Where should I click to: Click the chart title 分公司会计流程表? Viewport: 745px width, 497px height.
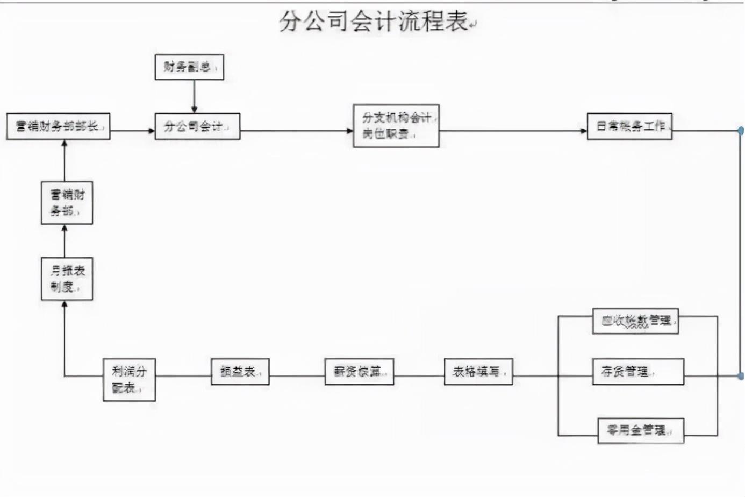point(374,22)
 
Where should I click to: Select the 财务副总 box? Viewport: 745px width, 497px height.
point(189,67)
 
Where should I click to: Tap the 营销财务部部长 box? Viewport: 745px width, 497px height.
point(58,127)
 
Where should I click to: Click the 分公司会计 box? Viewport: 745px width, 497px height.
point(197,127)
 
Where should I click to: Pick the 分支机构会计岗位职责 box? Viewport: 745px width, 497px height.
point(396,126)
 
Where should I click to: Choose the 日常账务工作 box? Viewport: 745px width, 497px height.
point(629,126)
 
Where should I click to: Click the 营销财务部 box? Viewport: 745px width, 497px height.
point(67,203)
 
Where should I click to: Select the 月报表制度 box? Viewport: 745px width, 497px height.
point(67,279)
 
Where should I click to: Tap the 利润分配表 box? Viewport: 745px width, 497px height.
point(129,380)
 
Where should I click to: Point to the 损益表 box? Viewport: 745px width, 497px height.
point(240,372)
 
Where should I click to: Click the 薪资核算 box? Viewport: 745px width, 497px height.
point(359,372)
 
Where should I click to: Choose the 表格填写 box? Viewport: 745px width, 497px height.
point(478,372)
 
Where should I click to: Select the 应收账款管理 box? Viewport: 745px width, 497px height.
point(635,321)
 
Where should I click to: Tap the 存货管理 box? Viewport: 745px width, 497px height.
point(638,372)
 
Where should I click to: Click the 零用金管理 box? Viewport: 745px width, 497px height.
point(641,430)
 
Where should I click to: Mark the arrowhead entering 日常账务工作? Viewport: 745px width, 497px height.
point(584,131)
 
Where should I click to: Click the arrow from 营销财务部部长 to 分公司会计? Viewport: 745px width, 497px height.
point(132,131)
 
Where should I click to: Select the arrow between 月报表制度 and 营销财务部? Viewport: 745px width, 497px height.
point(65,241)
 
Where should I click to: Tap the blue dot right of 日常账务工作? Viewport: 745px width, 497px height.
point(741,131)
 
